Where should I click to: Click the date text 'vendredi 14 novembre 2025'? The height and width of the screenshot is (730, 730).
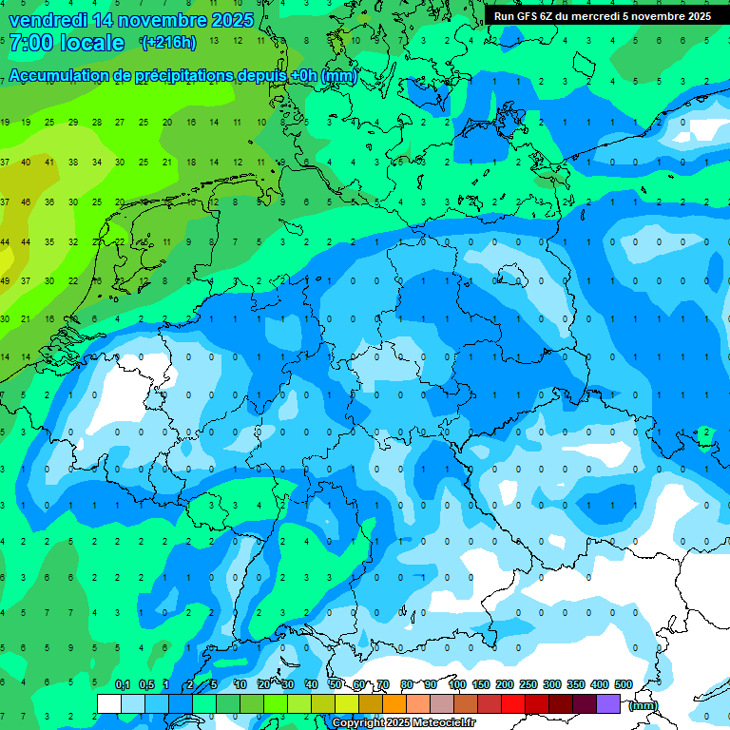131,20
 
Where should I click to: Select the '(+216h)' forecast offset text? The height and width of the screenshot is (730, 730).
168,43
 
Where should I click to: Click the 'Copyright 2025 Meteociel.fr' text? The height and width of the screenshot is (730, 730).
404,723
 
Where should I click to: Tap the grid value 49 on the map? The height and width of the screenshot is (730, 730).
5,281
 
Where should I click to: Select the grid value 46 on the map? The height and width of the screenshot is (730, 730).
27,202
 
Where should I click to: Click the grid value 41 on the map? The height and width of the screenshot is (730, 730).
49,162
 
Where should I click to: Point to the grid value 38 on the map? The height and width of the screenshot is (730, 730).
73,162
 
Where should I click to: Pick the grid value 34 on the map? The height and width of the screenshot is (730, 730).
97,162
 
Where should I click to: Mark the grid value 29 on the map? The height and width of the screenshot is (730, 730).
73,123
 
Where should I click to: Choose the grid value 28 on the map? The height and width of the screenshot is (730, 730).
97,123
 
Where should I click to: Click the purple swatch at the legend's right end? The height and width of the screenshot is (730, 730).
608,703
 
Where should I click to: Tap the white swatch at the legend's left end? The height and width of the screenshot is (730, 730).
109,703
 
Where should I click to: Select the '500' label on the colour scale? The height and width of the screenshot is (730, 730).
624,685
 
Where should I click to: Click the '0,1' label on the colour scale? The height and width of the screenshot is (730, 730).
123,685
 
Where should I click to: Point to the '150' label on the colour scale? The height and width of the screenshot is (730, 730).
481,685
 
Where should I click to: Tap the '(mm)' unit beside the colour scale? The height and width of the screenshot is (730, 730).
643,705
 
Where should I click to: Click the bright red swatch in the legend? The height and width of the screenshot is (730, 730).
513,703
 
